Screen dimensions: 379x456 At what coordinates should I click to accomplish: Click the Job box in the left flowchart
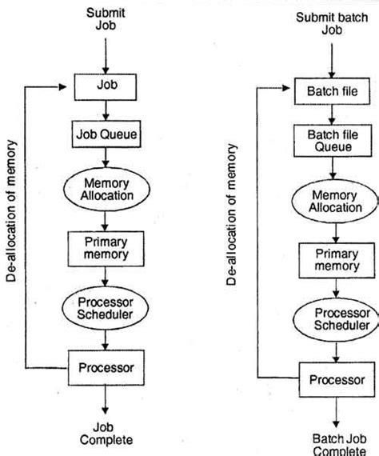(106, 87)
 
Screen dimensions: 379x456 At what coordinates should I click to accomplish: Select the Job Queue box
(106, 134)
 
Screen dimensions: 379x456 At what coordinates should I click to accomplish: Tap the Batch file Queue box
(333, 141)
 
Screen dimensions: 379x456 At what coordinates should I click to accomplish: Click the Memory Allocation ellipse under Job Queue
(106, 190)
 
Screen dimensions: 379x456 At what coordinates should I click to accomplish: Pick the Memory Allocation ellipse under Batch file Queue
(335, 202)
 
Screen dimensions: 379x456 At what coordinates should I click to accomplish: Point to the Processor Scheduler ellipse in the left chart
(106, 308)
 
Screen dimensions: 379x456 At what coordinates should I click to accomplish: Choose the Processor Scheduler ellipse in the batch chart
(336, 320)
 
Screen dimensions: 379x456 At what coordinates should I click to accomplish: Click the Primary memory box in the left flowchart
(106, 249)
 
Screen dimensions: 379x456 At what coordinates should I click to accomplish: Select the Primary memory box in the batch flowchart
(337, 261)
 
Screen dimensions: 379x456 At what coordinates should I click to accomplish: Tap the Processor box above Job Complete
(106, 368)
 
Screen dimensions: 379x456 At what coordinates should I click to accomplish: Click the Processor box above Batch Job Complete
(337, 379)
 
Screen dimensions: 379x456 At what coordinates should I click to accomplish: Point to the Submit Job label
(106, 19)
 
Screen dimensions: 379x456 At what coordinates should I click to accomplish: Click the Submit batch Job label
(332, 23)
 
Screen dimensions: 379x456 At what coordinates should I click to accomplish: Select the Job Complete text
(106, 434)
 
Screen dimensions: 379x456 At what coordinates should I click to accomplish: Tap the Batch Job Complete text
(339, 444)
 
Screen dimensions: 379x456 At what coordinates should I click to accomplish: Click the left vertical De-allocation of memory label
(11, 211)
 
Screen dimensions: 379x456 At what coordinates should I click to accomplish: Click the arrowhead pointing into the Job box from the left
(63, 87)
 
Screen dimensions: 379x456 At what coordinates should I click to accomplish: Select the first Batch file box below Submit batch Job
(332, 91)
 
